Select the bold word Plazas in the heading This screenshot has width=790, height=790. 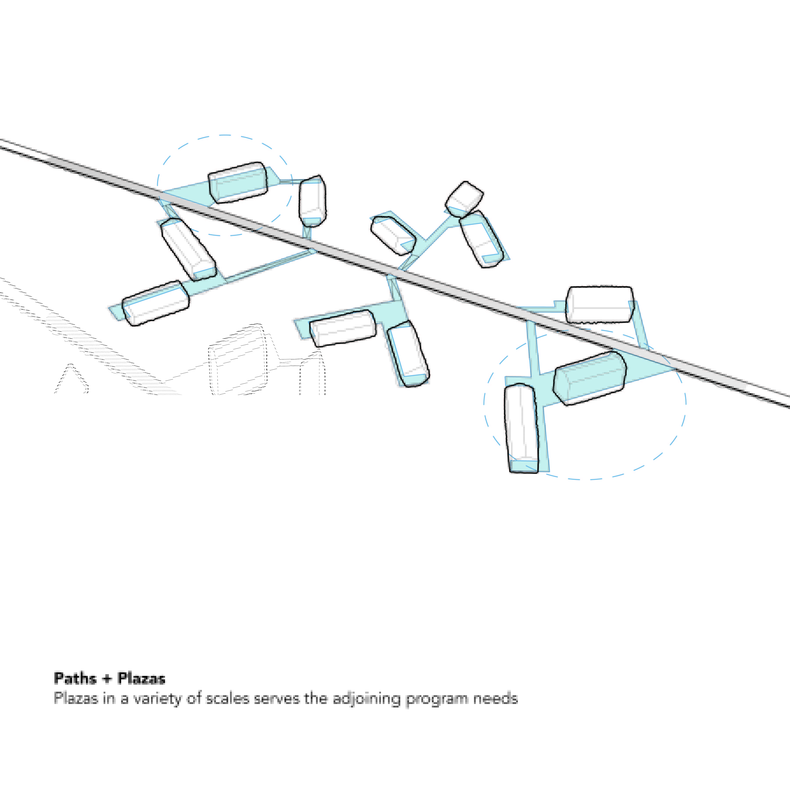142,679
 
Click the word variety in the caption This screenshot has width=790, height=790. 157,698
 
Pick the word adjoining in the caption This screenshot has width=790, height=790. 366,698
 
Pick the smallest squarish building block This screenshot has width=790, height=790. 464,198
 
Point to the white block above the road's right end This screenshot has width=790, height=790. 600,304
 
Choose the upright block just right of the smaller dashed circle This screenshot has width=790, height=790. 313,200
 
